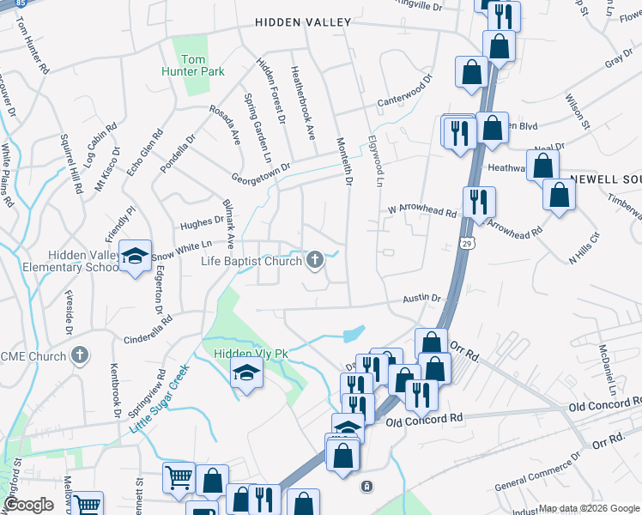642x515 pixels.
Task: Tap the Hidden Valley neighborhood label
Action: click(x=303, y=22)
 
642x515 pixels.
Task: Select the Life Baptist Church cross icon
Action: click(x=315, y=260)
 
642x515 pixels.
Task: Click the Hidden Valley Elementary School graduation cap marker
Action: click(x=135, y=257)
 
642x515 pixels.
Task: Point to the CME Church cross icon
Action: click(x=80, y=354)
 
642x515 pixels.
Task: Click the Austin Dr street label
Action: click(x=423, y=299)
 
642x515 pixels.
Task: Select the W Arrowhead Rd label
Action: click(x=421, y=209)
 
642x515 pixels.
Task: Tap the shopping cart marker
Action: click(x=179, y=476)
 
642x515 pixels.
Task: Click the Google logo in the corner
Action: click(x=28, y=505)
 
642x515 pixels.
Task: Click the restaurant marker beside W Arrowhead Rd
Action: click(x=478, y=202)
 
